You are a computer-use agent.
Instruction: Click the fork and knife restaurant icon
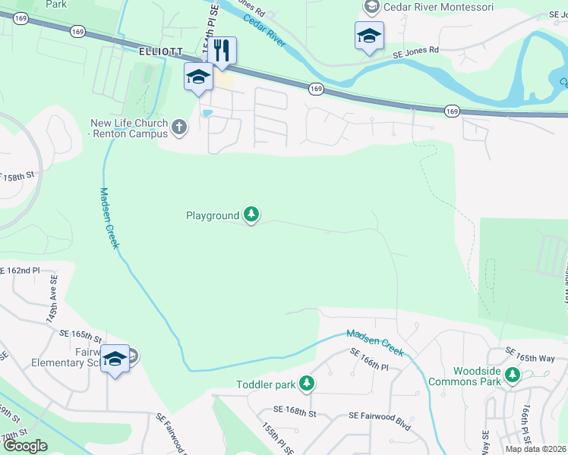(x=222, y=52)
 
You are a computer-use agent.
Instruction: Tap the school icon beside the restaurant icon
(x=199, y=77)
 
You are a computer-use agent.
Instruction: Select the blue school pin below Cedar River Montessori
(x=369, y=36)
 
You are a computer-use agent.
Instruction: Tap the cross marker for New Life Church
(x=179, y=127)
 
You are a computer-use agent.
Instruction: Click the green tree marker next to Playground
(x=252, y=216)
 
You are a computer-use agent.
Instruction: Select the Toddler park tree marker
(x=307, y=384)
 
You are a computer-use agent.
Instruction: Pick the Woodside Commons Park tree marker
(x=513, y=375)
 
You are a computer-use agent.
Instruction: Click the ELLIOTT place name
(x=162, y=51)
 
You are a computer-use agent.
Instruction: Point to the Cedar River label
(x=270, y=30)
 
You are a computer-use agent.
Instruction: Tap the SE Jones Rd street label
(x=416, y=51)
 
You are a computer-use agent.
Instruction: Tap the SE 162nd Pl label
(x=27, y=270)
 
